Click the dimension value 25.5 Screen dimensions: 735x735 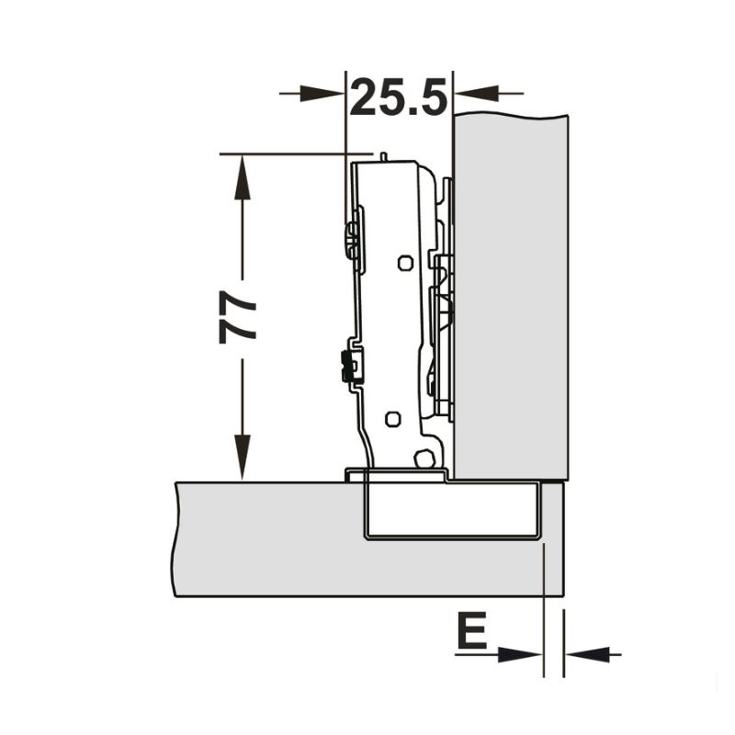(399, 96)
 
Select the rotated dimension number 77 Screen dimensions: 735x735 (239, 318)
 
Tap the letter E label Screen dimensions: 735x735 (471, 633)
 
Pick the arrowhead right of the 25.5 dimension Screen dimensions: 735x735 (476, 93)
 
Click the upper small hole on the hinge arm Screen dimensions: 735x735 (404, 263)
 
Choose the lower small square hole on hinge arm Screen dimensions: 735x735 (392, 419)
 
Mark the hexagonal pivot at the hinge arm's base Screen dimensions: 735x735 (424, 458)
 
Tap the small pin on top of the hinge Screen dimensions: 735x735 (381, 157)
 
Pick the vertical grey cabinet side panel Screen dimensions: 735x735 (511, 294)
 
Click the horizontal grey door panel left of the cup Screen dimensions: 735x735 (266, 537)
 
